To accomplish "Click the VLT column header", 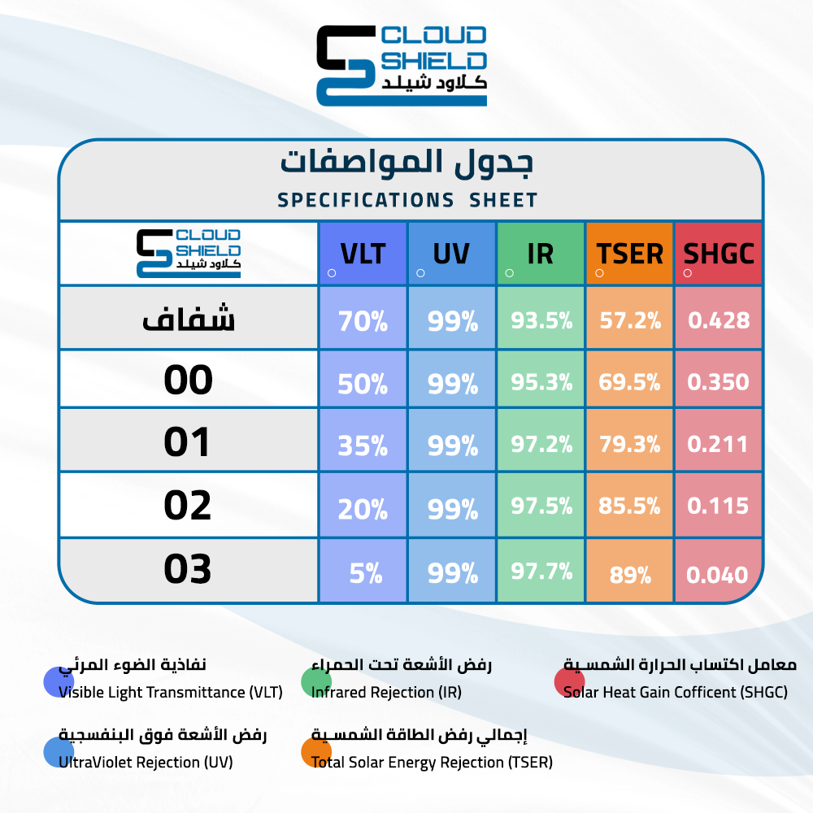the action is (363, 254).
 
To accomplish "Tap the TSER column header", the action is (629, 254).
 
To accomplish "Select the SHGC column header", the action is (719, 254).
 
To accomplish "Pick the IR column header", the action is (541, 254).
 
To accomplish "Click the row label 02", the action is (188, 506).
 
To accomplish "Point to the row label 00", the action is (189, 380).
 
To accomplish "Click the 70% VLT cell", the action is (363, 321).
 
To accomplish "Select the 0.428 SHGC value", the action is (719, 320).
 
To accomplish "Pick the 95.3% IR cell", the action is (541, 382).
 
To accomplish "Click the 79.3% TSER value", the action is (630, 444).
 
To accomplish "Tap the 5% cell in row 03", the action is (366, 573).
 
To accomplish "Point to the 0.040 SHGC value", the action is (717, 575).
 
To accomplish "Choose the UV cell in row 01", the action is (453, 446).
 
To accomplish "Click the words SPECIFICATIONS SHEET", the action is (407, 200).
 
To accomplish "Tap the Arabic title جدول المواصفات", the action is (407, 163).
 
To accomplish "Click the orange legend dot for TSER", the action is (316, 751).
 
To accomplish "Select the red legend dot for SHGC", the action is (569, 681).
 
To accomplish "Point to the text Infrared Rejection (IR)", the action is (386, 692).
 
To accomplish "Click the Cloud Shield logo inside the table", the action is (189, 254).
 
